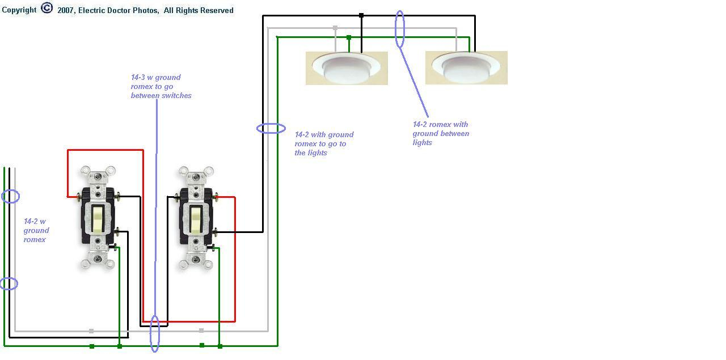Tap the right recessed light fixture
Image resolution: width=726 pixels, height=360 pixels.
[x=466, y=67]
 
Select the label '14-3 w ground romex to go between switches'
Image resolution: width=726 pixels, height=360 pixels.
[x=161, y=87]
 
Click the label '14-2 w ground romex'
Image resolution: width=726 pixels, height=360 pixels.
[x=36, y=230]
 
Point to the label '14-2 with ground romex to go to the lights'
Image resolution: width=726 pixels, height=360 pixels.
[x=324, y=143]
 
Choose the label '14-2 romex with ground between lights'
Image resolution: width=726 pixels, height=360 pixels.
[x=441, y=133]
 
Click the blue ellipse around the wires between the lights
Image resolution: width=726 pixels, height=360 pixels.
[x=400, y=28]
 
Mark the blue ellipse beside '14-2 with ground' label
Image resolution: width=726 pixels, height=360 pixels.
[x=271, y=129]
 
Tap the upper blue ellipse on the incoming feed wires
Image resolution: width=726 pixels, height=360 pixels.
[x=10, y=197]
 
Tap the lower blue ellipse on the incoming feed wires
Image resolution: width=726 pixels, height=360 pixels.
[x=9, y=283]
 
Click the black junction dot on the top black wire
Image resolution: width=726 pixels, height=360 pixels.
[x=361, y=15]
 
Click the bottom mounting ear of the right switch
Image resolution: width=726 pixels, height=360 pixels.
[x=196, y=263]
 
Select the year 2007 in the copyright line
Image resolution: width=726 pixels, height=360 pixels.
[x=66, y=10]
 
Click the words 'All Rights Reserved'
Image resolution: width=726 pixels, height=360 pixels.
[x=199, y=10]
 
